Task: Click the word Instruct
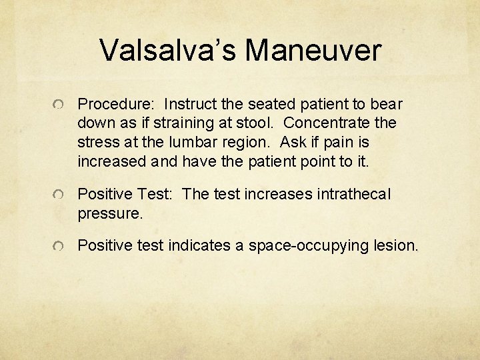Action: pos(193,105)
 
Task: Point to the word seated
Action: pos(271,105)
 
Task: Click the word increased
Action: pos(111,162)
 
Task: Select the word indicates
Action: pos(199,245)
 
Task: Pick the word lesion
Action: pos(395,245)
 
